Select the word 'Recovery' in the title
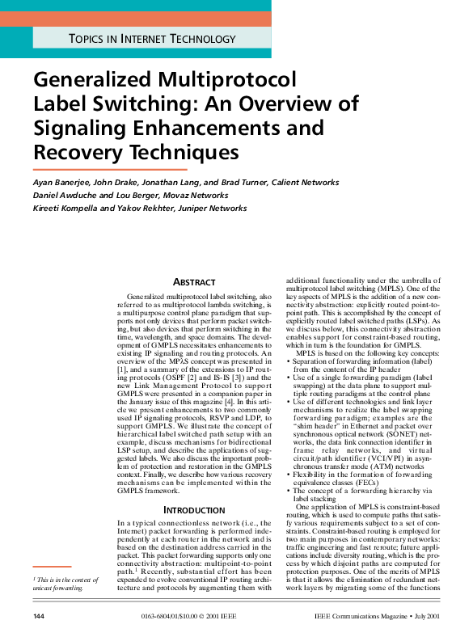[78, 151]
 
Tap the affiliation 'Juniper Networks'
[211, 209]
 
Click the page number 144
[39, 617]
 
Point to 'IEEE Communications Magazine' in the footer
[369, 617]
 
